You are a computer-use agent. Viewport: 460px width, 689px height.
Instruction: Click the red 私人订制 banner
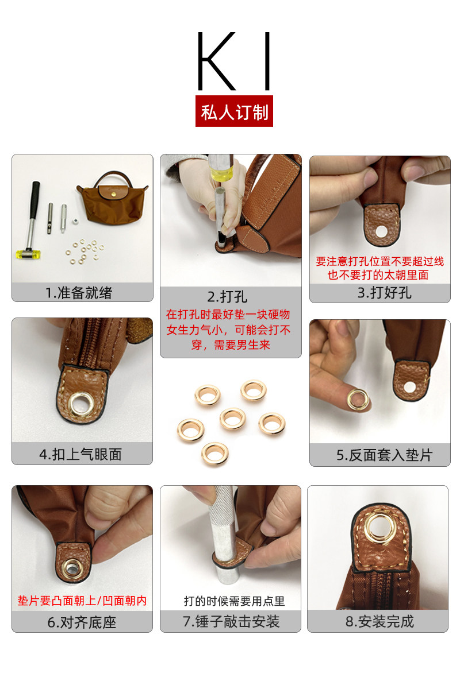coord(234,111)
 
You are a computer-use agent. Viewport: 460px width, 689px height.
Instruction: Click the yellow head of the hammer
coord(25,252)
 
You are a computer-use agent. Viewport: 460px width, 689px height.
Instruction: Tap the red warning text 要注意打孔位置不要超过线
coord(380,261)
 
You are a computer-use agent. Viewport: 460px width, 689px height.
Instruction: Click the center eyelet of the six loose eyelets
coord(232,419)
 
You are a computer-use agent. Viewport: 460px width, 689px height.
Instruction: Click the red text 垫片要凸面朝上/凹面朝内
coord(82,601)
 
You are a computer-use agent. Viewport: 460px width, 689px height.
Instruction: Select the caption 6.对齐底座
coord(83,622)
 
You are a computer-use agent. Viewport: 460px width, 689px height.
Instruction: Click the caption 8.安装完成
coord(379,622)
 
